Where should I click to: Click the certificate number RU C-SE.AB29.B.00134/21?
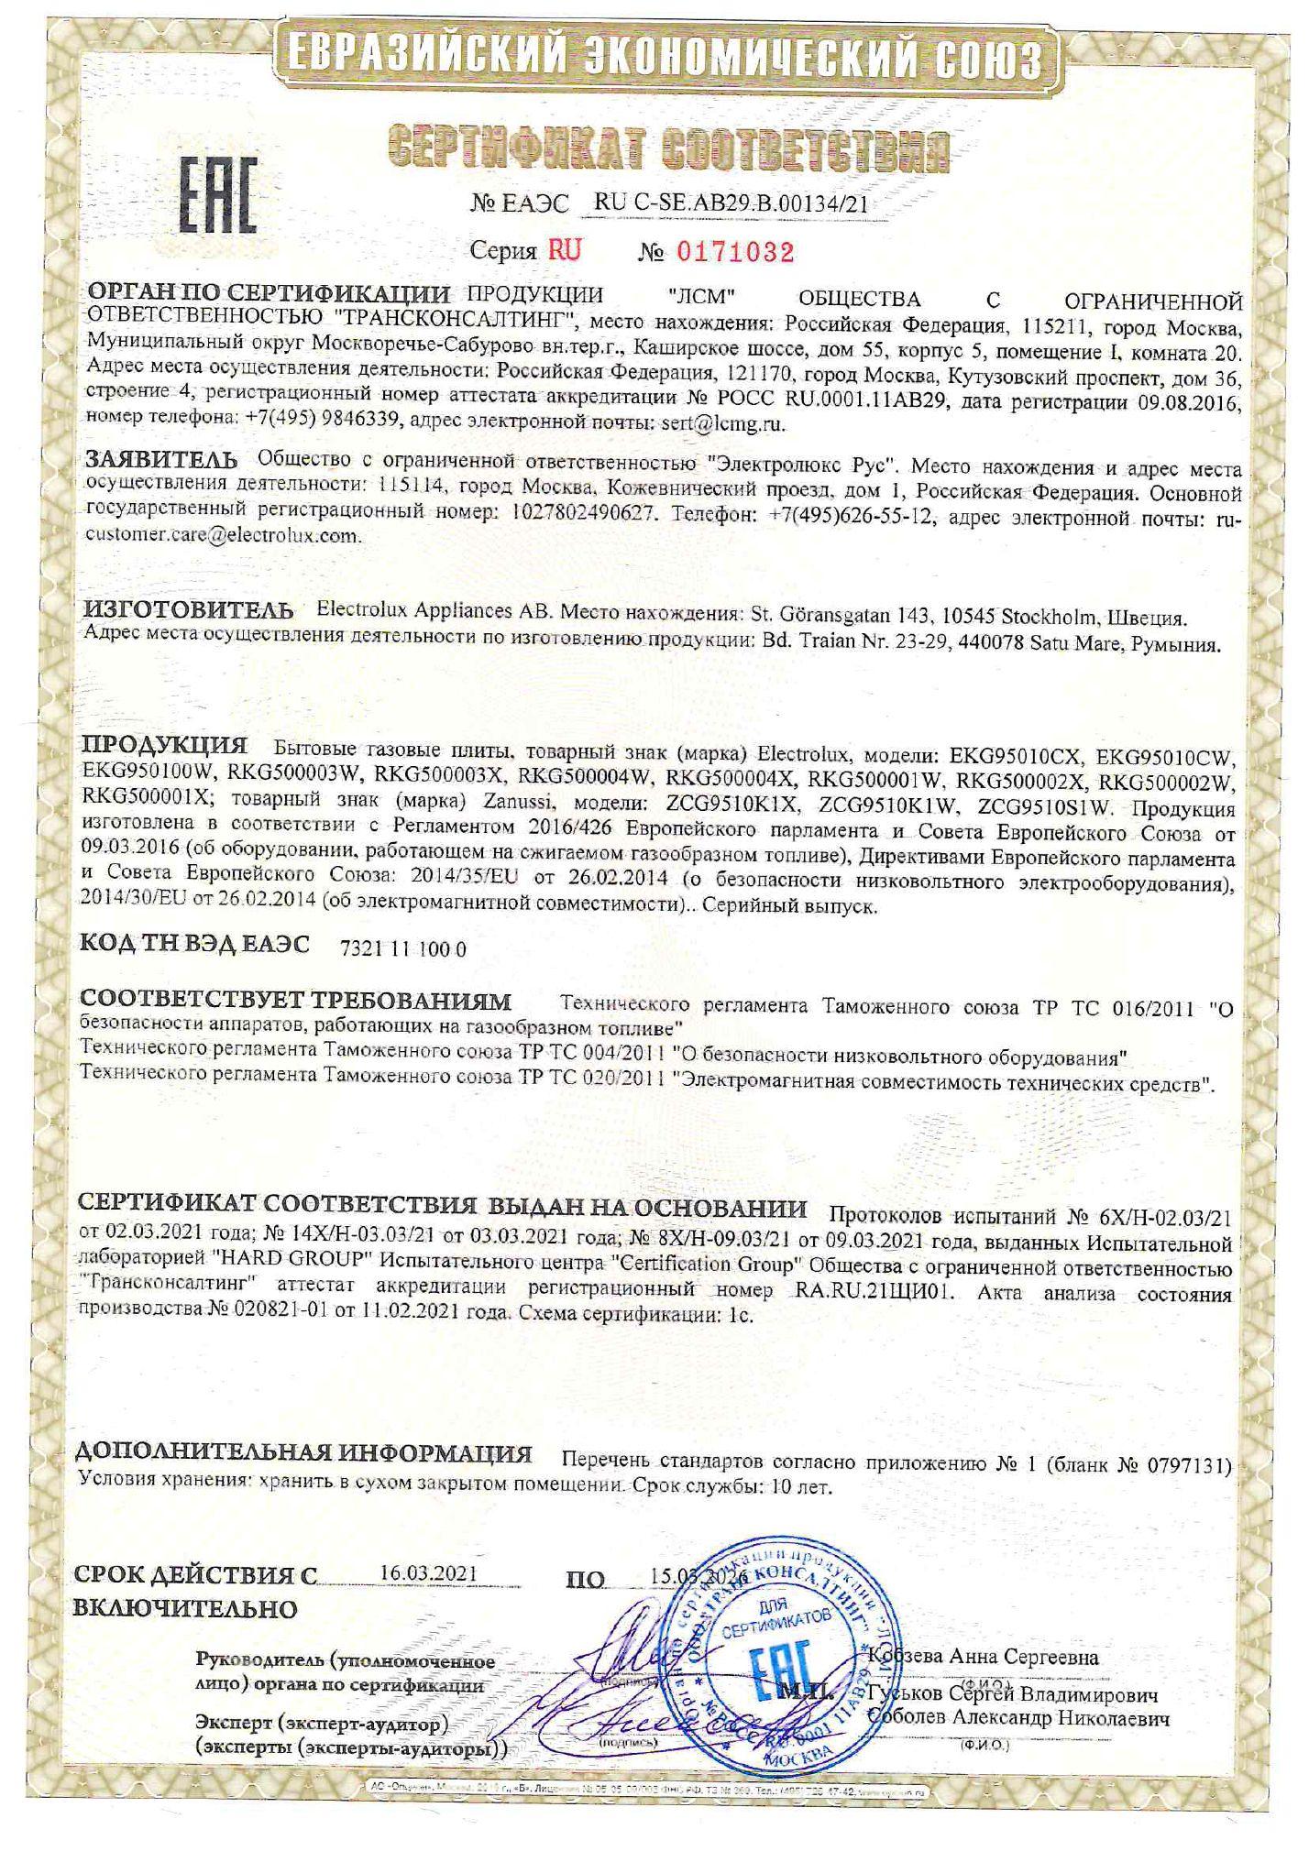tap(730, 203)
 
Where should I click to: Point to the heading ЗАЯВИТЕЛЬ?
tap(161, 458)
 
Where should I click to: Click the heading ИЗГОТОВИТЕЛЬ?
tap(190, 609)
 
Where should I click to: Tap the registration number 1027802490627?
tap(580, 515)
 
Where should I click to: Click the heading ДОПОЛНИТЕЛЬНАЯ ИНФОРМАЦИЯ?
tap(305, 1454)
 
